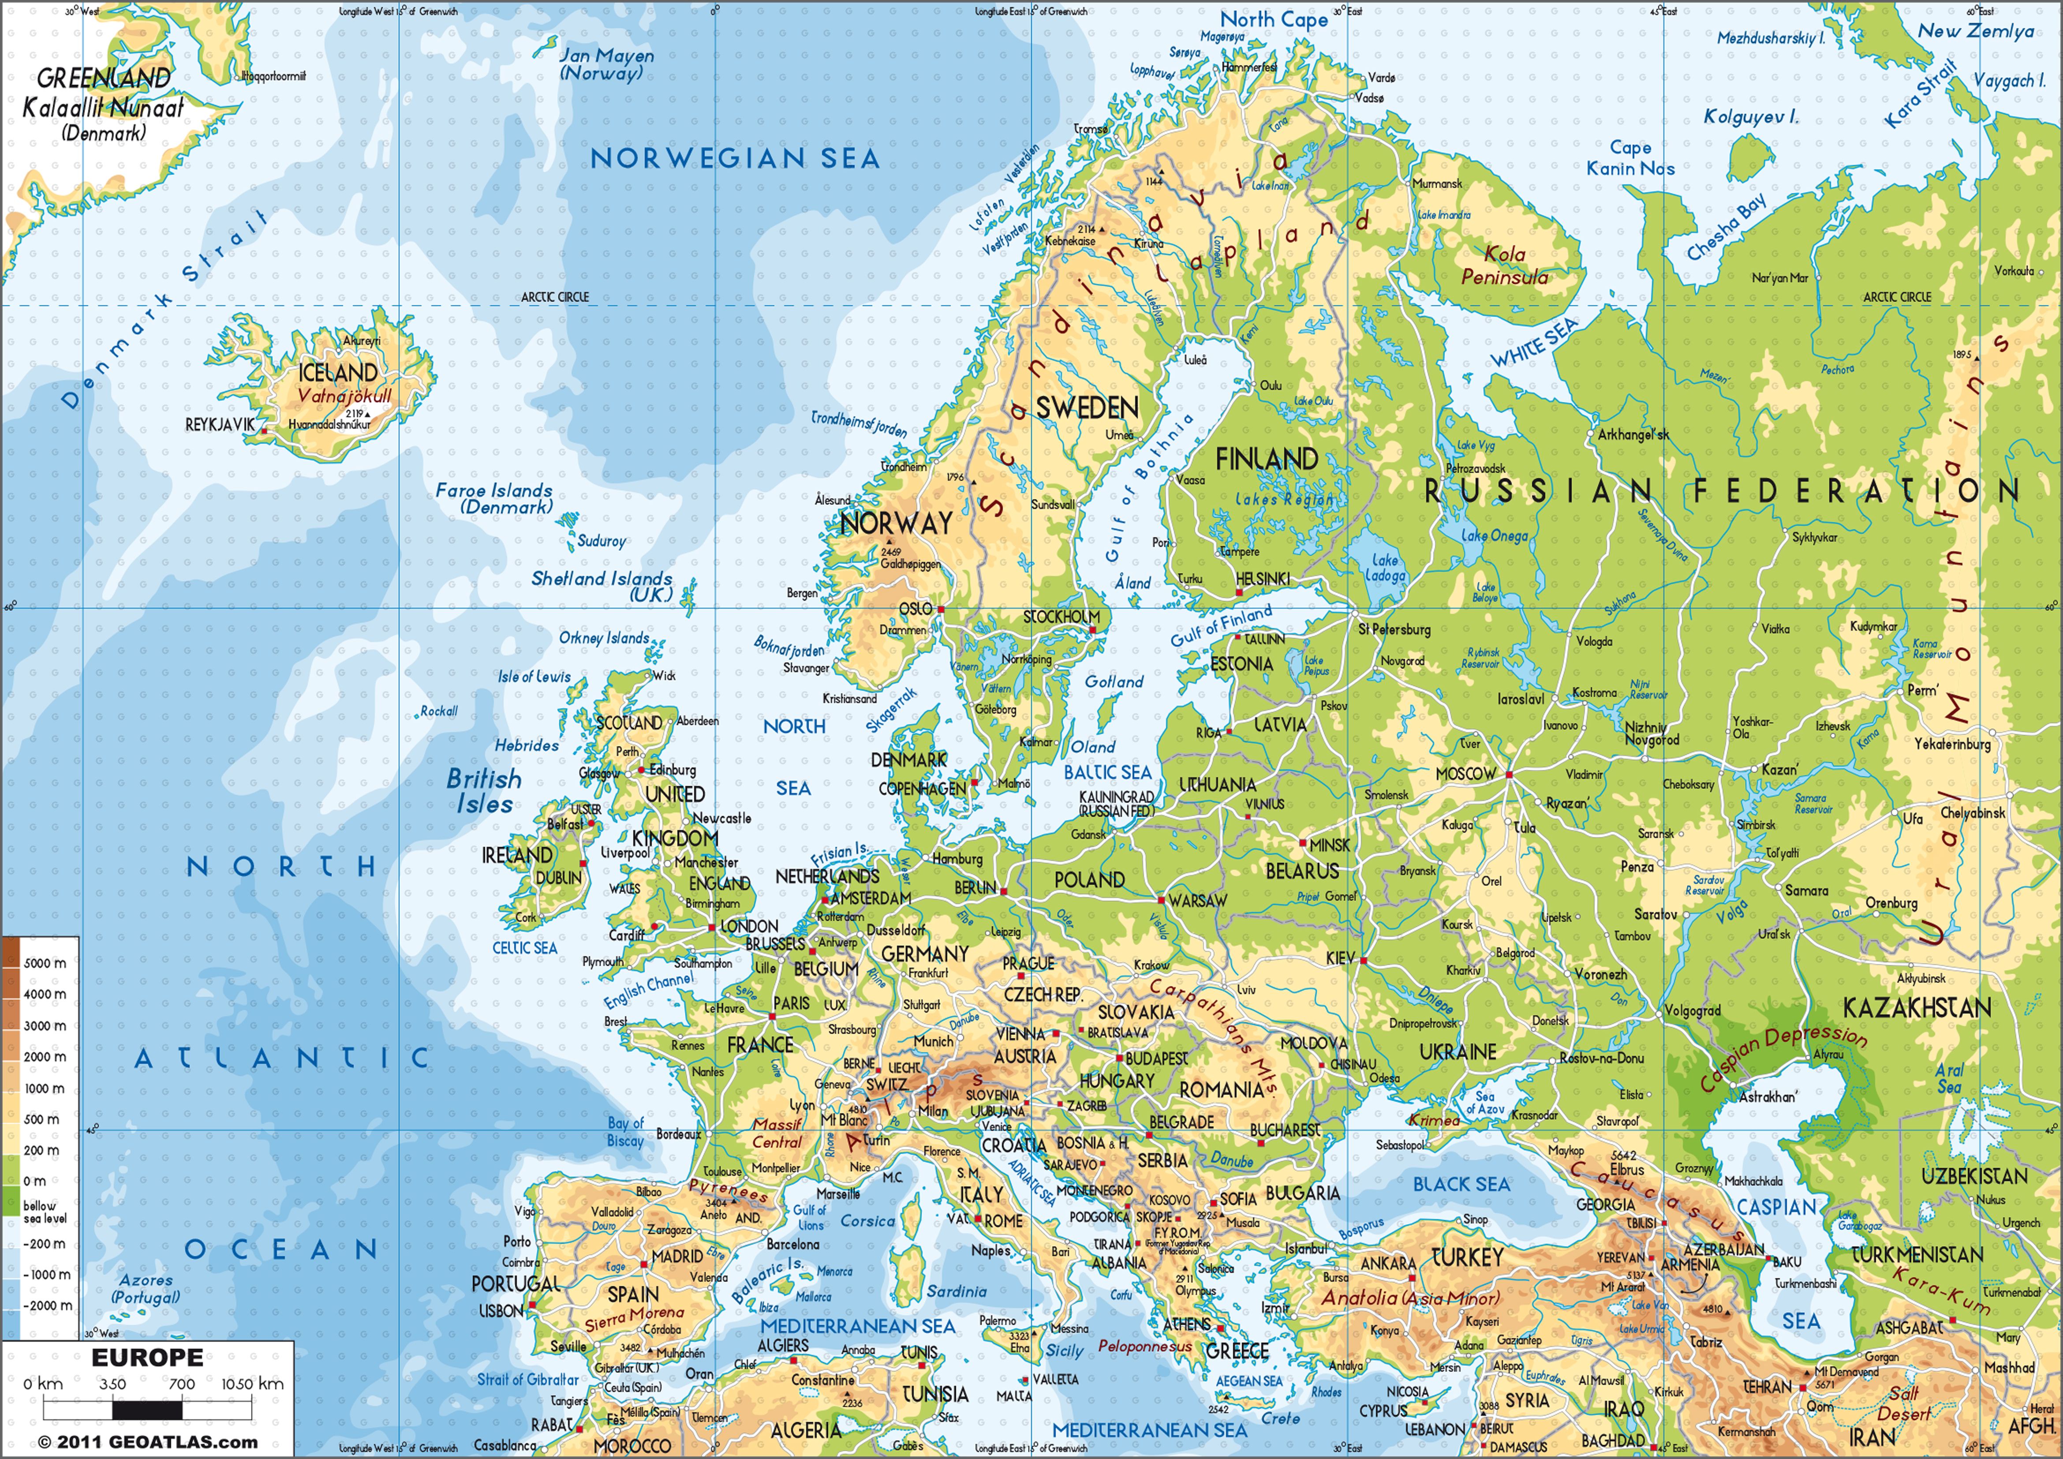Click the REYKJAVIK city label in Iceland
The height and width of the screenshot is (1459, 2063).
[219, 424]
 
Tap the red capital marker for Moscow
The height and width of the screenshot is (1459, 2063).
[1510, 774]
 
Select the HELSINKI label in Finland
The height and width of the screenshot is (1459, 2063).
[1263, 580]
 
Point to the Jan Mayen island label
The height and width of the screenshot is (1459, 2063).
[606, 64]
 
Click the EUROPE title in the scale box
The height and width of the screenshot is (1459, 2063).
[147, 1358]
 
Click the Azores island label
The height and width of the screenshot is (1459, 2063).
[146, 1288]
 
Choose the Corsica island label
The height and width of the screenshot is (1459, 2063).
[867, 1221]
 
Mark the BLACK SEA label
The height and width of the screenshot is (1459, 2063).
[1461, 1184]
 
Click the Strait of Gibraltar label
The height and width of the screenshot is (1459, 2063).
[527, 1379]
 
